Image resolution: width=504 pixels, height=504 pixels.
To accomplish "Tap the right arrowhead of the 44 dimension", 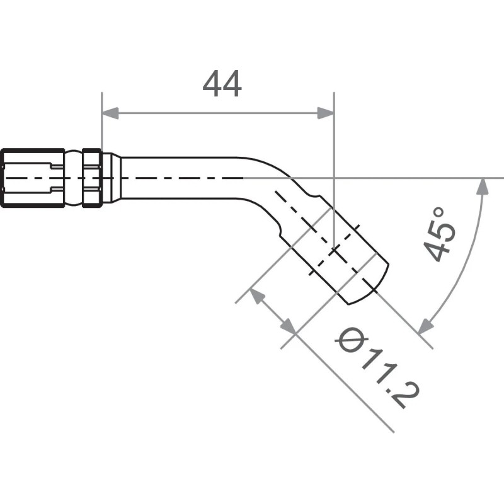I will [x=326, y=113].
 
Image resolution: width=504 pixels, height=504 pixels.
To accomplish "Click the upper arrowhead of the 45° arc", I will [x=483, y=186].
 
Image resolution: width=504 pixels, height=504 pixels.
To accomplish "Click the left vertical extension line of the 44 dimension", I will [x=101, y=126].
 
